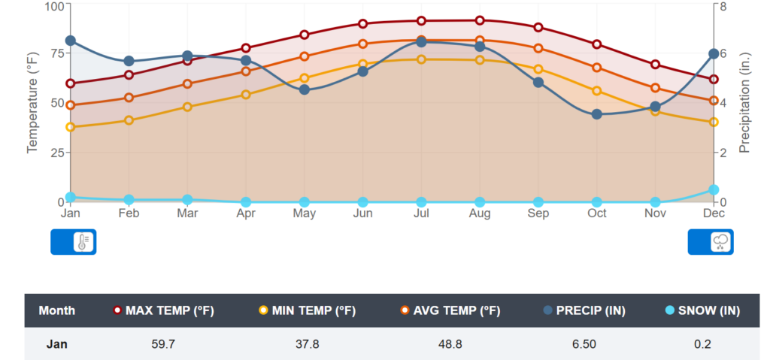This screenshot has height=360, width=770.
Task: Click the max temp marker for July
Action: tap(421, 21)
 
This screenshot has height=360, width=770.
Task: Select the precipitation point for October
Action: tap(597, 114)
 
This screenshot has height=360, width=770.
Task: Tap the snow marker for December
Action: tap(714, 190)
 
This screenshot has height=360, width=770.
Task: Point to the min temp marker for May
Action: tap(305, 78)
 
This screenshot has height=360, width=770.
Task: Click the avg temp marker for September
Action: tap(538, 49)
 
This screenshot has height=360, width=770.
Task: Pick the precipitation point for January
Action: tap(71, 41)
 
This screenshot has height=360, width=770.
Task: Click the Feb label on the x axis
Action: tap(129, 214)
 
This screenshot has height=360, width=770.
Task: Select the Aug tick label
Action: tap(480, 214)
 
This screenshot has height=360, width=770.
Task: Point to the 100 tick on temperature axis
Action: tap(55, 7)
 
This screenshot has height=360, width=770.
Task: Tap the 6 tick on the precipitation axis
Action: tap(723, 54)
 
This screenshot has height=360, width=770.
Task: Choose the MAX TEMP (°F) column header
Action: tap(164, 310)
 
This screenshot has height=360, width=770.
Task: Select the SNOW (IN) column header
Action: tap(703, 310)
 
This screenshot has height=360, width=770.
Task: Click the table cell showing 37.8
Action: tap(307, 345)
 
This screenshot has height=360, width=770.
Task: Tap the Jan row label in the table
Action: tap(56, 345)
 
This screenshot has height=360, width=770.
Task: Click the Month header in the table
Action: tap(56, 310)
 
